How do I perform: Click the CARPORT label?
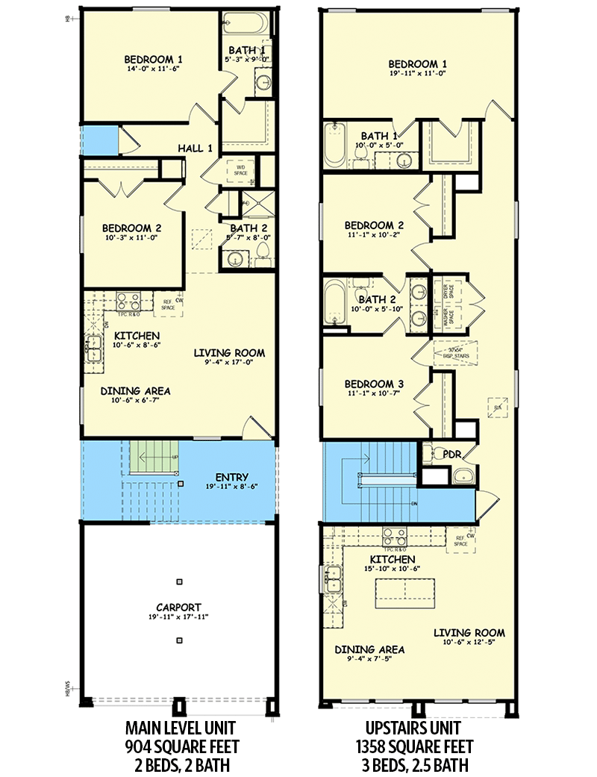click(178, 606)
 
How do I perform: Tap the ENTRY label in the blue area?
click(231, 478)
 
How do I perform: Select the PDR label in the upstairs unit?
click(450, 453)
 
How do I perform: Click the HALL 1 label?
click(195, 149)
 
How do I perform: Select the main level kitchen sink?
click(94, 349)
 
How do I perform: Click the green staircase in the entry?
click(154, 457)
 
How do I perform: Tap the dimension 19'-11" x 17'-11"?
click(178, 617)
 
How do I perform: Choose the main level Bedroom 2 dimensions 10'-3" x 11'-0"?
click(131, 239)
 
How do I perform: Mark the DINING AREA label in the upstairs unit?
click(369, 649)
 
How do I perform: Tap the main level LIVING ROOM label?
click(229, 353)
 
